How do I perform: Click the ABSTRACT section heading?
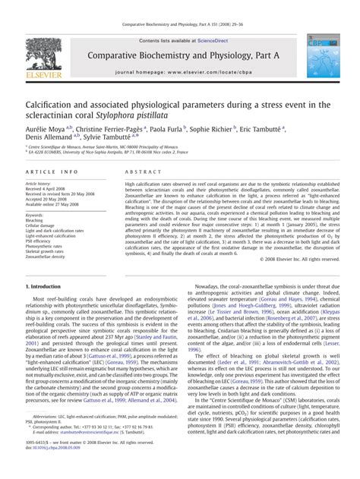pos(140,173)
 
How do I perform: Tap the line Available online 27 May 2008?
pos(55,205)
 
